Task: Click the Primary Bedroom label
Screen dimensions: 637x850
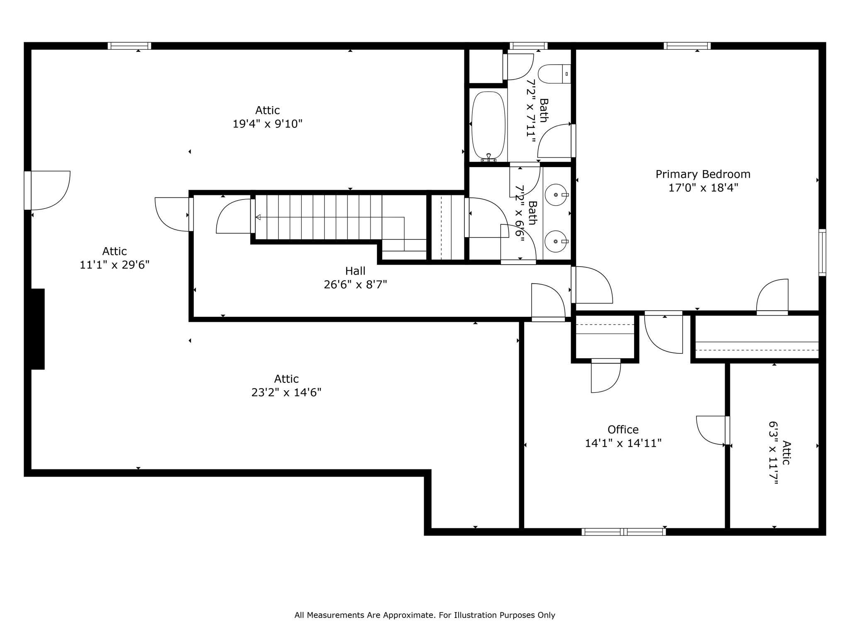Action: click(x=703, y=174)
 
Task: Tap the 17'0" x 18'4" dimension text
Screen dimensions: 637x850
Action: click(x=703, y=188)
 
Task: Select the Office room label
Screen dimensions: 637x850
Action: click(x=623, y=430)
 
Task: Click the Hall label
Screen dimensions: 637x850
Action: click(x=355, y=271)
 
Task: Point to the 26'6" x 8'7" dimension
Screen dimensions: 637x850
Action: click(x=355, y=284)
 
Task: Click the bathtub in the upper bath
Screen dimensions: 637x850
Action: click(x=489, y=124)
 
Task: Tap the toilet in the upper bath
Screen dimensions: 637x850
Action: click(x=553, y=74)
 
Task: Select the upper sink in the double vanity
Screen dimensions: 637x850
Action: click(x=556, y=195)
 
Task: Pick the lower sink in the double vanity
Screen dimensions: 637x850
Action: click(x=556, y=241)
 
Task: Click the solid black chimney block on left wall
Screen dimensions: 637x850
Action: click(x=37, y=328)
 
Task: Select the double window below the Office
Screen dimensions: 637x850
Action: click(x=623, y=532)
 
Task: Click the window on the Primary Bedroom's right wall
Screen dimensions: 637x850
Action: click(x=822, y=252)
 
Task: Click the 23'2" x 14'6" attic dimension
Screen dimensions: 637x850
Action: click(x=286, y=392)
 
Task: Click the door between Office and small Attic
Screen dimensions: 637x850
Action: click(x=727, y=430)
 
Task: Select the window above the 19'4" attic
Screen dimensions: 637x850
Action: click(x=129, y=46)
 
